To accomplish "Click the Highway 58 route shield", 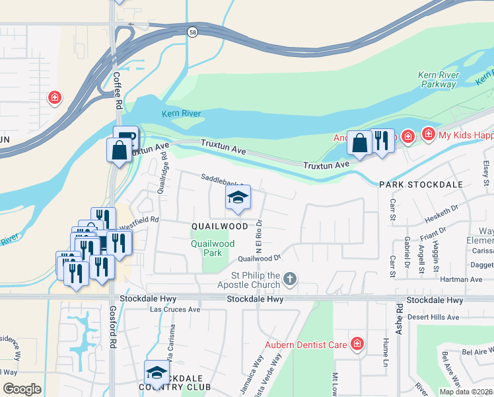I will (x=192, y=32).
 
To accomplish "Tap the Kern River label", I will (x=182, y=114).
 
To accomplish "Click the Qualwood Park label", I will (x=213, y=248).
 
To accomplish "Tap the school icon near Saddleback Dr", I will (x=238, y=198).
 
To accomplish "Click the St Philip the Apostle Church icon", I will (x=289, y=280).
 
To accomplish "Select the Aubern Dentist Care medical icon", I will (x=357, y=344).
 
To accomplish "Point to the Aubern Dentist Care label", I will (x=306, y=345).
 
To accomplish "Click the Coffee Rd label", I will (x=117, y=91).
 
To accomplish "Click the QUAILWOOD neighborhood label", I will (x=219, y=226).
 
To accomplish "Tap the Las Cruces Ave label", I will (x=175, y=310).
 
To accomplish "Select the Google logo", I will (x=22, y=389).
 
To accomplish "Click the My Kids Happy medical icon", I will (x=428, y=135).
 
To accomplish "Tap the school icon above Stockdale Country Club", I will (x=157, y=371).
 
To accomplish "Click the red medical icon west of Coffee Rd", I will (x=55, y=98).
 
